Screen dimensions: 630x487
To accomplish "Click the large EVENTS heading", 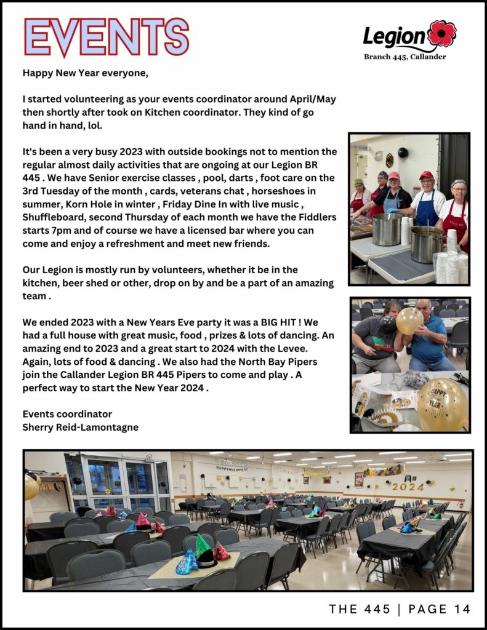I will [106, 38].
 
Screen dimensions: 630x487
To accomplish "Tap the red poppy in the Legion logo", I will [442, 33].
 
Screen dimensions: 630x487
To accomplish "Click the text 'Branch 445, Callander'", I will [404, 57].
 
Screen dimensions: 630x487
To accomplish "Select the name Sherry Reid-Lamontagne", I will [80, 427].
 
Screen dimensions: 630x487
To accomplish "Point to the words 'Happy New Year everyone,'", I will [86, 73].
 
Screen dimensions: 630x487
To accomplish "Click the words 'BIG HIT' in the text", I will [296, 322].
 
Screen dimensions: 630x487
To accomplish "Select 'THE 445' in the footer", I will [360, 609].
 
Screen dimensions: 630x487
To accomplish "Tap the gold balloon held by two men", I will [409, 320].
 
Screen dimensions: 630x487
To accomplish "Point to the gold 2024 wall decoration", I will [408, 486].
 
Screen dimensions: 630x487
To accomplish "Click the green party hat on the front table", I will [203, 546].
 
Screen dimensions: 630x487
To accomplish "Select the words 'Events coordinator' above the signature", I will [67, 413].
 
